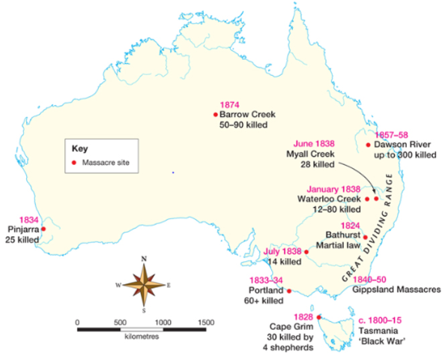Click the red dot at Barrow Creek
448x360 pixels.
pyautogui.click(x=215, y=115)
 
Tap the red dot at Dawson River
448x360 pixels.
pyautogui.click(x=369, y=145)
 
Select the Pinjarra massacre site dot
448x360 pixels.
pyautogui.click(x=43, y=229)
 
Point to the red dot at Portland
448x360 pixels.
pyautogui.click(x=288, y=291)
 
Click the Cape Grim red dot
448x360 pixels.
pyautogui.click(x=320, y=316)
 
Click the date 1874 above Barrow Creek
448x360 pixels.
pyautogui.click(x=228, y=105)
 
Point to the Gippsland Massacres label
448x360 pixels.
pyautogui.click(x=396, y=289)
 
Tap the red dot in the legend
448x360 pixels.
pyautogui.click(x=73, y=163)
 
